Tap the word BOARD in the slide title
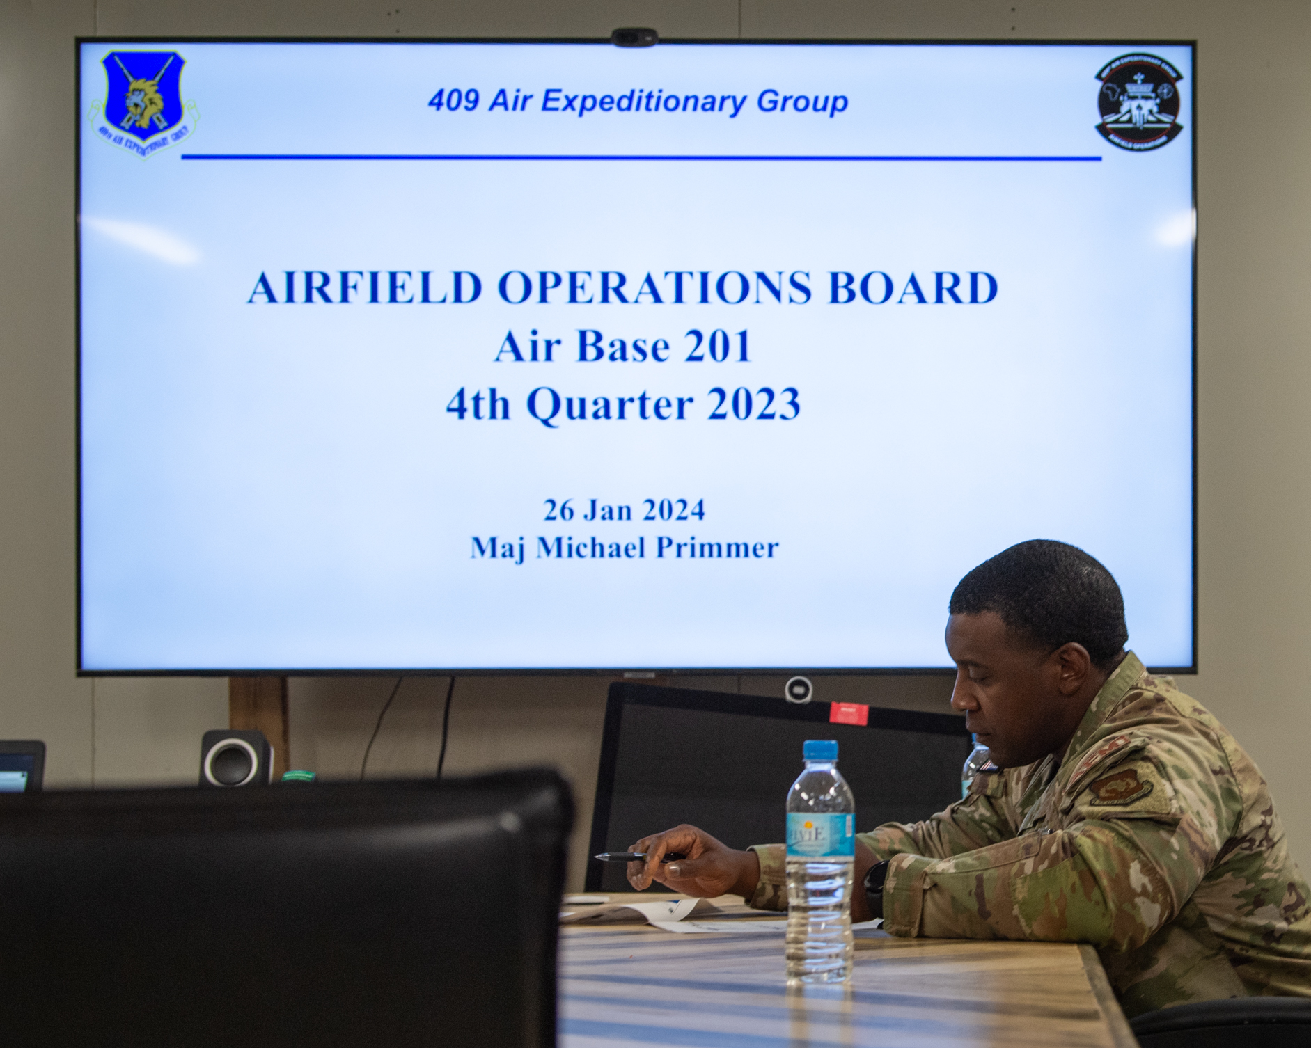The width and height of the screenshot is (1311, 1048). click(913, 288)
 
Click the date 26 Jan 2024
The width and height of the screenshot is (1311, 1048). click(624, 510)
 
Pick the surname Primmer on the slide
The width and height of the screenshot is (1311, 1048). click(717, 548)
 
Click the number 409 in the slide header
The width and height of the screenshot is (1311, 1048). click(453, 102)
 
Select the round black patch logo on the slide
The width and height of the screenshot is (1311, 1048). click(1138, 102)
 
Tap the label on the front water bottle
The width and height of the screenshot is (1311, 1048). click(819, 835)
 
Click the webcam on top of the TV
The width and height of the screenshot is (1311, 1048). click(634, 37)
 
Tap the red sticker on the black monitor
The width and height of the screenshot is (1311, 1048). click(849, 713)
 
